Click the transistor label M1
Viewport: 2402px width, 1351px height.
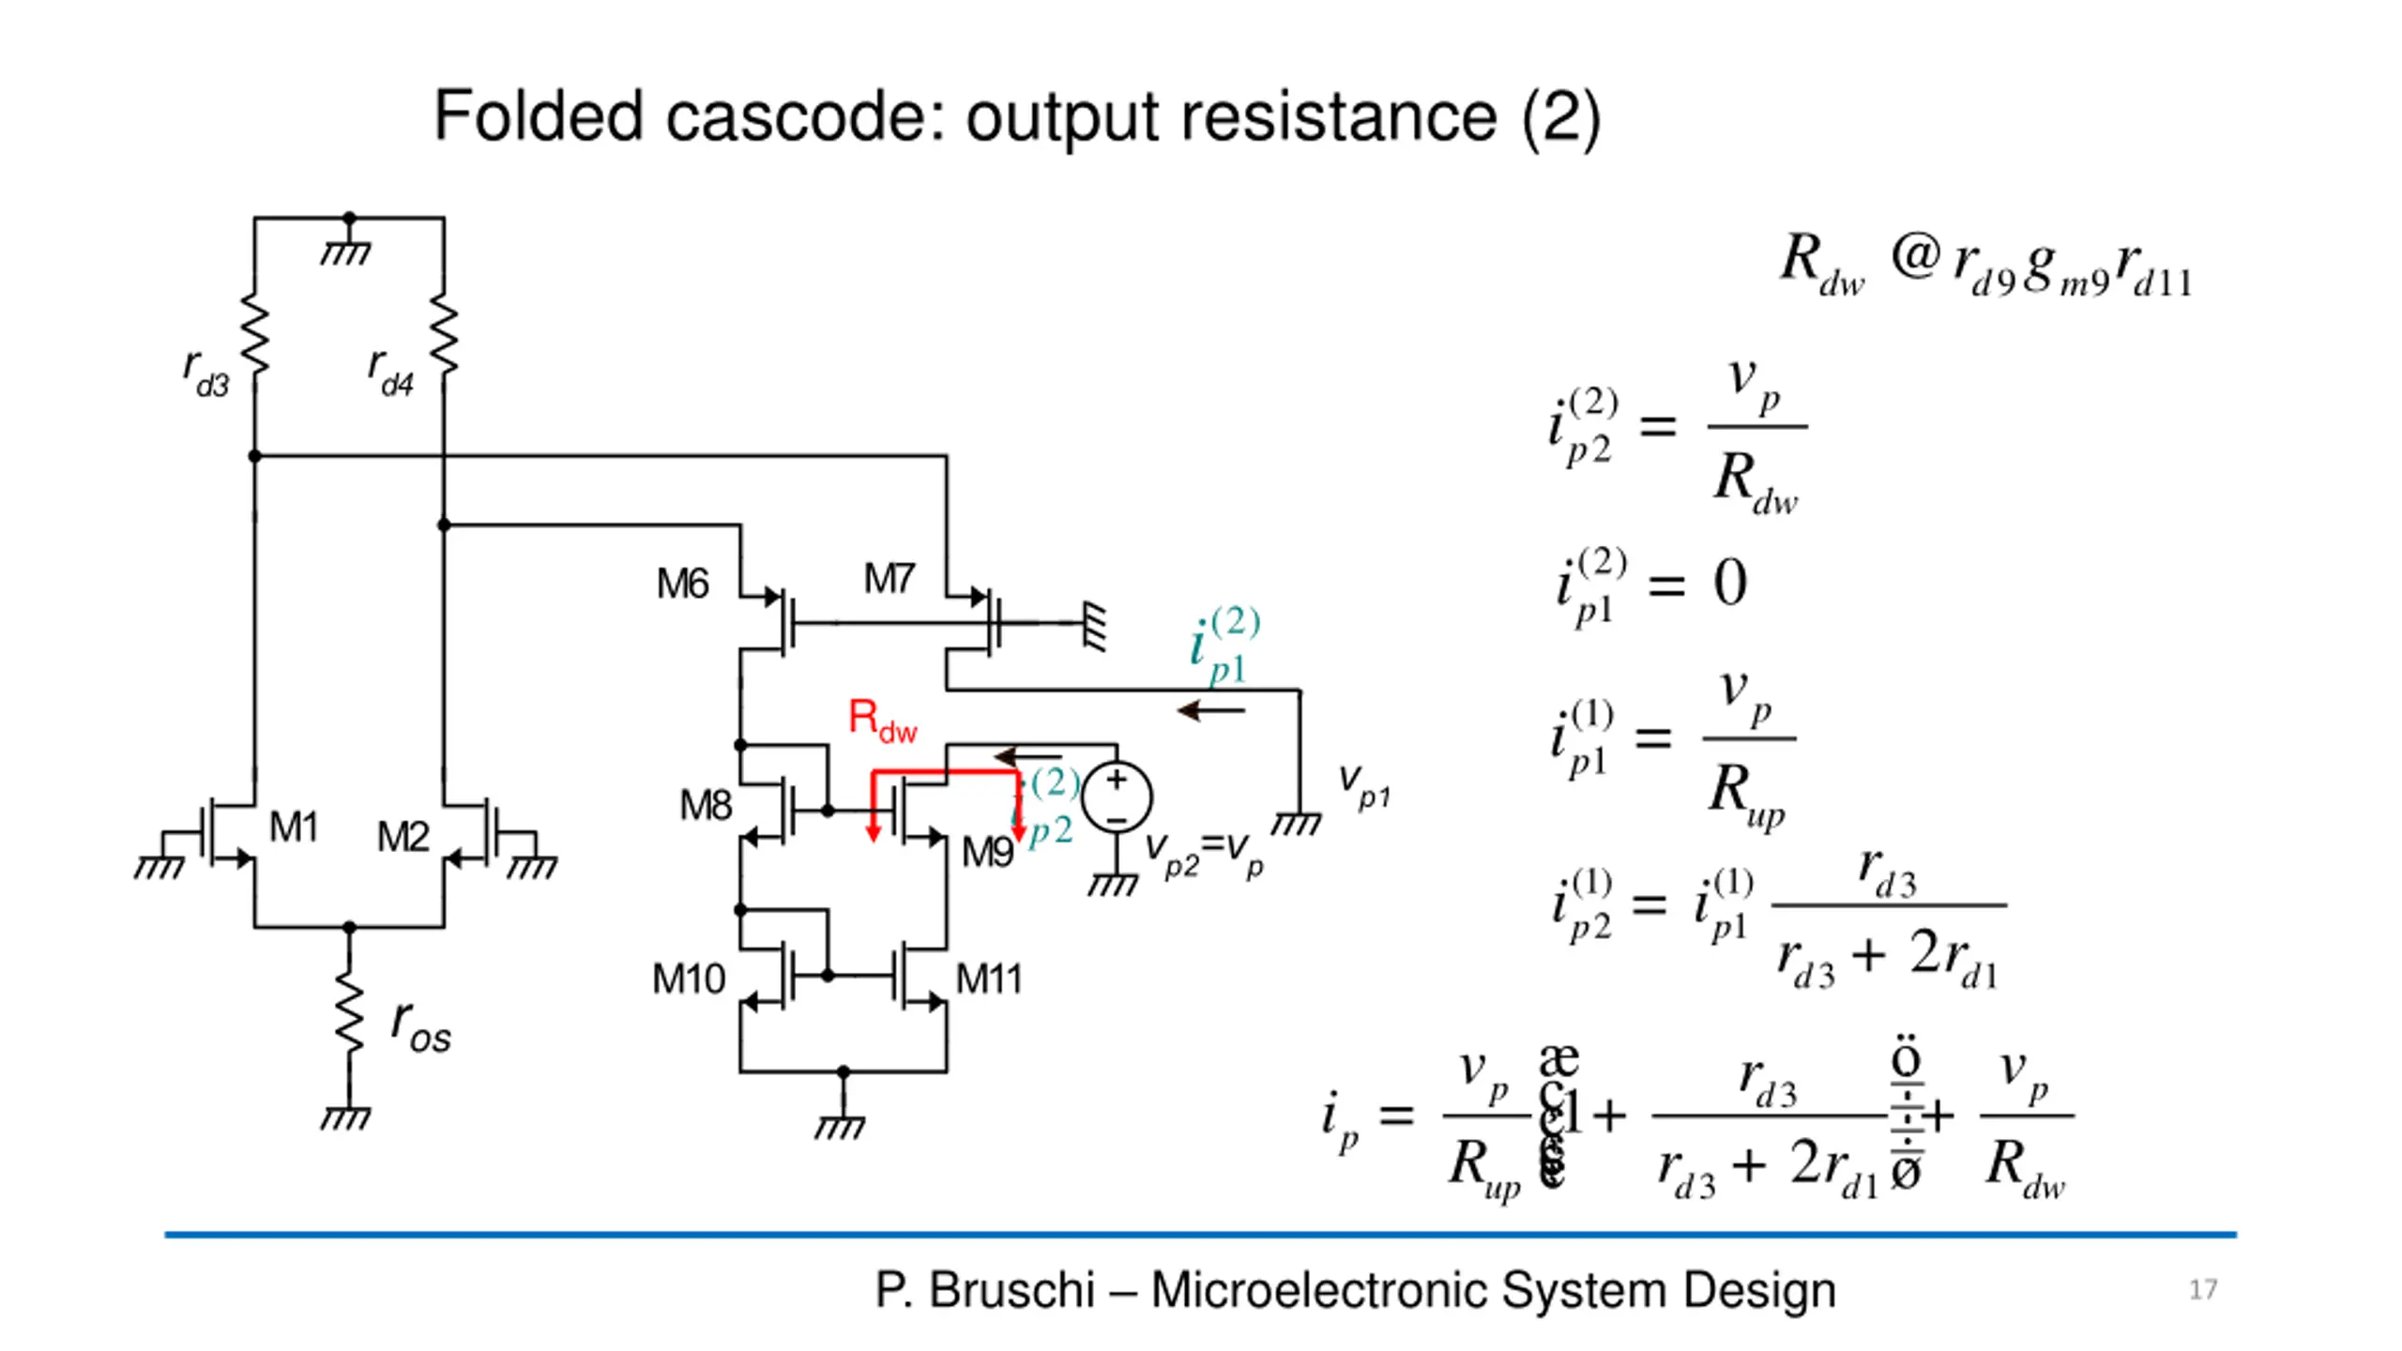point(294,827)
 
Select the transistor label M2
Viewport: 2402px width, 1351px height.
point(403,837)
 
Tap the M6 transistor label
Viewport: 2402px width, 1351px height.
point(682,584)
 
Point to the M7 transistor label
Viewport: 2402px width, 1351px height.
point(889,579)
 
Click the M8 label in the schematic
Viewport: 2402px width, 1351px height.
point(705,806)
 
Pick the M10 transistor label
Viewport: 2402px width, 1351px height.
point(689,979)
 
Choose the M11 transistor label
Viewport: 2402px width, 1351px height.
point(988,979)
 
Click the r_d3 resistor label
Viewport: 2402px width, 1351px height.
point(206,373)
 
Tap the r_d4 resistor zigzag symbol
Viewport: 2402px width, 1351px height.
point(444,335)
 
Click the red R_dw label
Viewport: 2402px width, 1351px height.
point(882,721)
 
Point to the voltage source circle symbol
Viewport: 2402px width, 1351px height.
point(1117,797)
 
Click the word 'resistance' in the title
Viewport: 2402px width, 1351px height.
point(1338,117)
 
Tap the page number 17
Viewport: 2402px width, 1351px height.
point(2203,1290)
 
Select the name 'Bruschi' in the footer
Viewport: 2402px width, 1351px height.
point(1011,1290)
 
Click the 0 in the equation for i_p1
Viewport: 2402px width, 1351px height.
point(1730,583)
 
